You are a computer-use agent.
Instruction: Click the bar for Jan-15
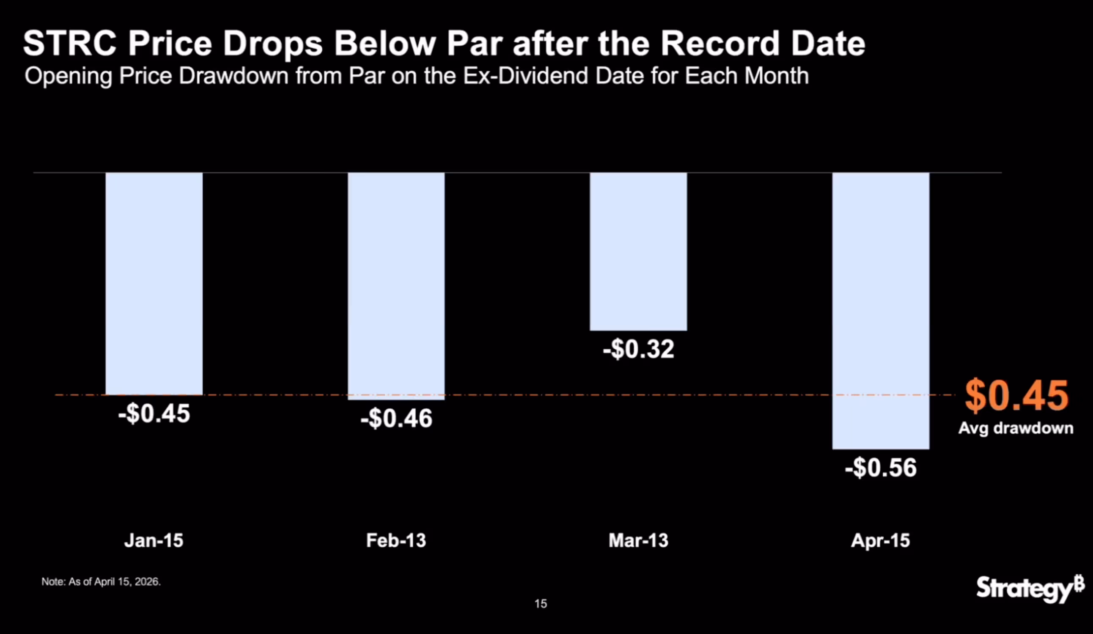coord(154,284)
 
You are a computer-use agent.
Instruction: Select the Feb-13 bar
coord(396,286)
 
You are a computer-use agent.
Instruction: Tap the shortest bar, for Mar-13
coord(638,251)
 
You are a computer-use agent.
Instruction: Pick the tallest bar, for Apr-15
coord(881,311)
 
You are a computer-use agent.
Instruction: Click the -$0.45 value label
coord(154,413)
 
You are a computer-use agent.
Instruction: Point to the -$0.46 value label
coord(396,419)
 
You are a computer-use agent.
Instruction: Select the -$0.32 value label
coord(638,349)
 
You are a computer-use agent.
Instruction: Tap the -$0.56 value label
coord(881,468)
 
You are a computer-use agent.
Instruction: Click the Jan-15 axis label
coord(154,541)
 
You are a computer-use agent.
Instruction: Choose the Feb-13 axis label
coord(396,541)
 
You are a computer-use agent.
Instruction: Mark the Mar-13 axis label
coord(638,541)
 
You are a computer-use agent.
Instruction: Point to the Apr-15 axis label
coord(881,541)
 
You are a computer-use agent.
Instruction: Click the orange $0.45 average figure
coord(1016,396)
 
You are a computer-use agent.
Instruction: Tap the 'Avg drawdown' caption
coord(1016,428)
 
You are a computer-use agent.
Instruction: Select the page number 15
coord(541,604)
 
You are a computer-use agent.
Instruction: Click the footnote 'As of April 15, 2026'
coord(101,582)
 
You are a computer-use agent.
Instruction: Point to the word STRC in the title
coord(69,44)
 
